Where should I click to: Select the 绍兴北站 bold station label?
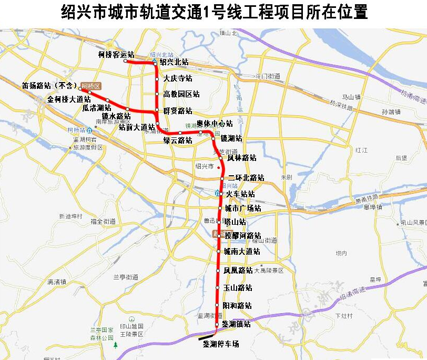[174, 62]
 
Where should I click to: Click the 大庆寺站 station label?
[178, 79]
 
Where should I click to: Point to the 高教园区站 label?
[181, 94]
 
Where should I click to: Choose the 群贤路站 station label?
[178, 111]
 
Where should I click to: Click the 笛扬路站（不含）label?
[50, 85]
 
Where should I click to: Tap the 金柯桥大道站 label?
[66, 98]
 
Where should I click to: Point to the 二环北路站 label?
[246, 178]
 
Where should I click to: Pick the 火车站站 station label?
[240, 194]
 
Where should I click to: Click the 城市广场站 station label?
[242, 208]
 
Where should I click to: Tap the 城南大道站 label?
[241, 252]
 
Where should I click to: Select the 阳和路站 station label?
[237, 306]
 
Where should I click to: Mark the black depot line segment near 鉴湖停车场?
[206, 334]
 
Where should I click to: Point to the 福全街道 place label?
[103, 222]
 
